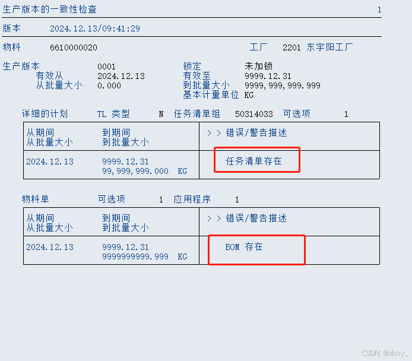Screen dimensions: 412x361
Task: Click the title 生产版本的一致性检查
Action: pos(50,9)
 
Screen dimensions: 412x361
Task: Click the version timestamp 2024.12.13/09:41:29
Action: pos(95,28)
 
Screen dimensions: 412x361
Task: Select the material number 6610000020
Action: pos(74,47)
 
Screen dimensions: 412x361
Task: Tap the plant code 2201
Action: pos(291,47)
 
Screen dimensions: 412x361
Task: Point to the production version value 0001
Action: pos(106,66)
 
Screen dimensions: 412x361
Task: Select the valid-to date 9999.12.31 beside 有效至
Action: pos(268,76)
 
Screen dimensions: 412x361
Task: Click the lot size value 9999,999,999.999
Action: pos(282,85)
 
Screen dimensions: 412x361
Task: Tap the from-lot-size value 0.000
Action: pos(109,85)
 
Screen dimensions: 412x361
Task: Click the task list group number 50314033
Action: pos(254,114)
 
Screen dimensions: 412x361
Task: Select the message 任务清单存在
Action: pos(254,161)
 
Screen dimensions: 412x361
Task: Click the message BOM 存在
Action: pos(243,247)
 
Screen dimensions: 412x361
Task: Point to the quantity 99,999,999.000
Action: pos(135,171)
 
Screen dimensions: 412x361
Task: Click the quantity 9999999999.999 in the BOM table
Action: pos(135,256)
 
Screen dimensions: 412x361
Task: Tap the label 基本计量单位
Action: pos(211,95)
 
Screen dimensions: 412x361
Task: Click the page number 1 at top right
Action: pos(379,9)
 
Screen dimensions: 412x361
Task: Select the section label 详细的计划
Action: pos(45,114)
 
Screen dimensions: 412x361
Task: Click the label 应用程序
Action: pos(192,199)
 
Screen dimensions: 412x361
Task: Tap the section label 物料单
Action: pos(35,199)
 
